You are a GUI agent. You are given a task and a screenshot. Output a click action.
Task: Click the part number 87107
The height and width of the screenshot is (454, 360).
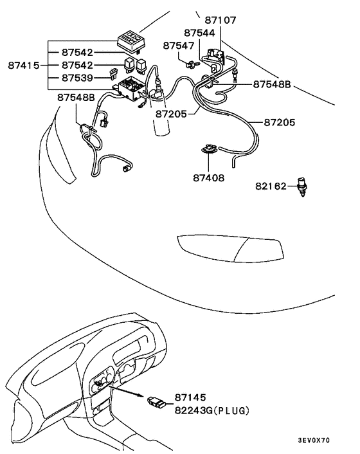[221, 20]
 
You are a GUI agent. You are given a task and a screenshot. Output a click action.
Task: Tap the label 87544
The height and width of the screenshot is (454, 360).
[199, 33]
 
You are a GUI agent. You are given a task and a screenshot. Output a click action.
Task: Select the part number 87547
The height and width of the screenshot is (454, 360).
[178, 46]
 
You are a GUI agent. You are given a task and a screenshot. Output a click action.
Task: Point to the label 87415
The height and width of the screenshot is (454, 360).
[23, 65]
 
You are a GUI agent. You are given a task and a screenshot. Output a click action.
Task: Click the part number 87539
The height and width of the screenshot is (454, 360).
[77, 78]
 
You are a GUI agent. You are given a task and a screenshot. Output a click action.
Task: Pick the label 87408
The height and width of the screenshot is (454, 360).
[209, 177]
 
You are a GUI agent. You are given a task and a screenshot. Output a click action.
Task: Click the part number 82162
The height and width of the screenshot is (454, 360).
[271, 186]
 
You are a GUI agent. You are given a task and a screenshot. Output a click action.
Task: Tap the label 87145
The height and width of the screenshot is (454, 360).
[190, 397]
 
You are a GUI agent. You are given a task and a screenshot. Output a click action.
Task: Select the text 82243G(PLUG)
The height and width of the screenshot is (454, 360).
[212, 410]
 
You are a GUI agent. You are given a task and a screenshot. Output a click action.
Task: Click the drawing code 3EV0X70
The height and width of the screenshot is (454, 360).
[314, 440]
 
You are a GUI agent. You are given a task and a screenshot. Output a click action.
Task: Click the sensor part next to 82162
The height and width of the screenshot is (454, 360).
[302, 186]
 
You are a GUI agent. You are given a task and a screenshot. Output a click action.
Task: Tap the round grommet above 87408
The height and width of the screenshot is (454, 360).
[208, 149]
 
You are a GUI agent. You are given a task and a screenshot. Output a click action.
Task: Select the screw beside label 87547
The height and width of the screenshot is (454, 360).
[192, 64]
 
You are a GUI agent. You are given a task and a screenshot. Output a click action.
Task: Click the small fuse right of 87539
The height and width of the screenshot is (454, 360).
[113, 74]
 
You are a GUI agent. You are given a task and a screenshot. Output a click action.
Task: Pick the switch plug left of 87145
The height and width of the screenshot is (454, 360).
[157, 402]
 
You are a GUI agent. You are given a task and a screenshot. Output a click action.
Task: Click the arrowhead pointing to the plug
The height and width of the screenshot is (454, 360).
[139, 395]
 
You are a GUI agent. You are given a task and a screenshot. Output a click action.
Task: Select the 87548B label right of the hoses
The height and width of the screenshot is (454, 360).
[272, 84]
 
